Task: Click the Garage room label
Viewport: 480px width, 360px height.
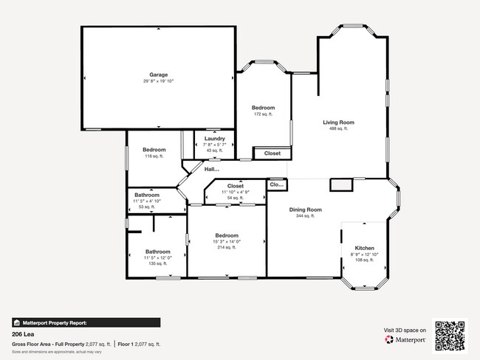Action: pos(158,75)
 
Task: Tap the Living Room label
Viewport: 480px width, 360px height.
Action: pos(338,122)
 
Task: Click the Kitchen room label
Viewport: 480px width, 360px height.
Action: pos(365,247)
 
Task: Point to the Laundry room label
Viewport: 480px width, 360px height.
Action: pos(215,138)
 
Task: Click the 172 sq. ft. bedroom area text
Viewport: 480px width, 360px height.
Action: pos(264,114)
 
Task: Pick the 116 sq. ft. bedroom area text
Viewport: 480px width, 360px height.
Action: pos(154,156)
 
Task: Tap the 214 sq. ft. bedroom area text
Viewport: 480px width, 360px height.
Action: pos(227,248)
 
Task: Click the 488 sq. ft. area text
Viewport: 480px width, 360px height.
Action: pos(338,128)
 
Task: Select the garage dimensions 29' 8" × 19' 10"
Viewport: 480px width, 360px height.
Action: pos(158,81)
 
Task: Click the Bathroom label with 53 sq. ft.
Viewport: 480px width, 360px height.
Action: pos(147,195)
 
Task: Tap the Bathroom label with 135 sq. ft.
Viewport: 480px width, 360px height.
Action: pos(157,251)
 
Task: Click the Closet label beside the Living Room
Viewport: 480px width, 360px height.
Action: pos(272,153)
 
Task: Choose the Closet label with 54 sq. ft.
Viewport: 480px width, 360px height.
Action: pos(236,186)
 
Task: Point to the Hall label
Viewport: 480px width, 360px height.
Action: pos(212,170)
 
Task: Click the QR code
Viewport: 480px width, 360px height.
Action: pos(450,336)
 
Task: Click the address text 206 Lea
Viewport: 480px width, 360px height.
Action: pos(24,333)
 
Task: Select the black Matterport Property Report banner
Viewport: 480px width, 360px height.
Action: pos(86,322)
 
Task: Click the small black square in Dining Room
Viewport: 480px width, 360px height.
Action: pos(340,185)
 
